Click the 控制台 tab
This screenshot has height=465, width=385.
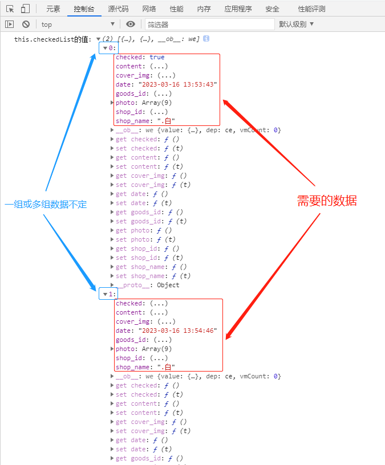(x=84, y=9)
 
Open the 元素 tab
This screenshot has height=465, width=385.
(x=53, y=9)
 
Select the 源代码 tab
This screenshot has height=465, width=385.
(x=118, y=9)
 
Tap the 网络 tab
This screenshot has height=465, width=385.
(x=149, y=9)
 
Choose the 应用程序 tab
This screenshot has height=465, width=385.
(x=238, y=9)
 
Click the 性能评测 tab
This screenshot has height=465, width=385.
(x=311, y=9)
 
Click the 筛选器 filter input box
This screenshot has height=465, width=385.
(x=209, y=25)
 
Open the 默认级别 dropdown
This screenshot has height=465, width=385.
(x=296, y=24)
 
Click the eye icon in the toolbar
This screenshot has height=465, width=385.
(x=131, y=24)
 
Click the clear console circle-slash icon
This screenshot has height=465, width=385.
(x=26, y=24)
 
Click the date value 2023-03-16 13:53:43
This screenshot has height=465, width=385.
(x=177, y=84)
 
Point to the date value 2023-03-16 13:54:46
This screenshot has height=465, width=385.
(x=177, y=331)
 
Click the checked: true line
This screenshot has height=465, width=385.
(x=140, y=57)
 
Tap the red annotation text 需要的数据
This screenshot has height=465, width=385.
(x=327, y=201)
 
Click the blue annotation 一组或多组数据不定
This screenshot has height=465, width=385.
(x=46, y=204)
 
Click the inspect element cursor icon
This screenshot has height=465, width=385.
(x=10, y=9)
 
